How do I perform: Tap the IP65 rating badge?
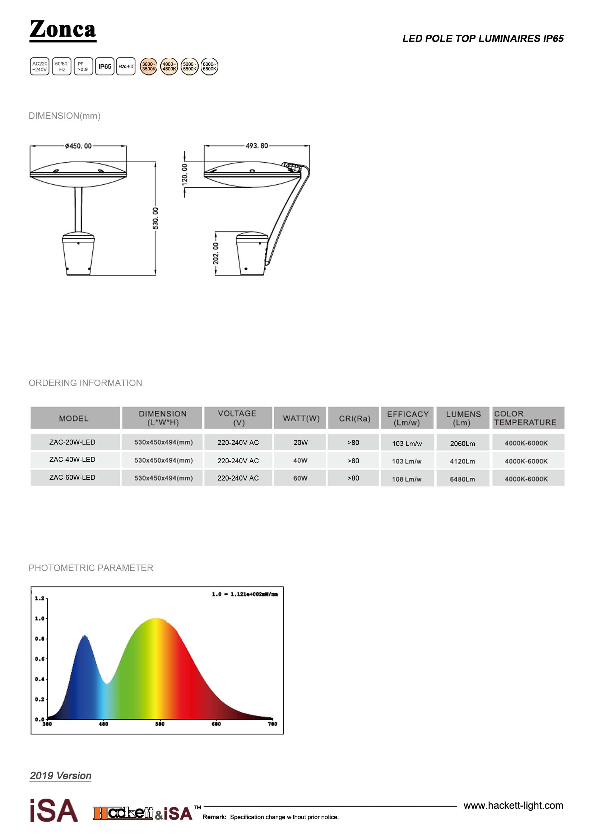(x=105, y=66)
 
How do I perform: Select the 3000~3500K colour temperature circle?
(x=149, y=66)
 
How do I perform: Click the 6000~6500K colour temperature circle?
(x=209, y=66)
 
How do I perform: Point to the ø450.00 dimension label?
(x=78, y=146)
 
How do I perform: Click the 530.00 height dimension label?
(x=156, y=218)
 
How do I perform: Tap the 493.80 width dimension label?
(x=257, y=145)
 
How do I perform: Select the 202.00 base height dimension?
(x=216, y=253)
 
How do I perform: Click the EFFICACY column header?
(x=408, y=418)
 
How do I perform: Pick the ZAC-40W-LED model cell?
(x=73, y=460)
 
